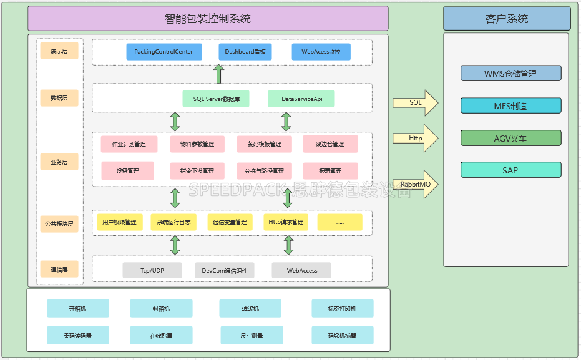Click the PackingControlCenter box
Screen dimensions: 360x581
[164, 52]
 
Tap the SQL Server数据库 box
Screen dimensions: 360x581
[216, 99]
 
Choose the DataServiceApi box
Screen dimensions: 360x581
[301, 99]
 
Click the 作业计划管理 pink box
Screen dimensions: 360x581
[129, 144]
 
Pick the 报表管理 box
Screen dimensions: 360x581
[330, 171]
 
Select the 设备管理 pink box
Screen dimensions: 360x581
[127, 171]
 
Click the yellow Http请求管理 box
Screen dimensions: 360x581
[285, 222]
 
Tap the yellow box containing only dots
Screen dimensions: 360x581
[339, 222]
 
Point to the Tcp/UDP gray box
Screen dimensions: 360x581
[152, 270]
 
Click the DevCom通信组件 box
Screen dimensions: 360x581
[225, 270]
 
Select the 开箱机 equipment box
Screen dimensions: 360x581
[78, 308]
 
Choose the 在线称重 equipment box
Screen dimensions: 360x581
[161, 335]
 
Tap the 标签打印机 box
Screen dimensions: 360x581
[342, 308]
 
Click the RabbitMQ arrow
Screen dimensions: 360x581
[415, 185]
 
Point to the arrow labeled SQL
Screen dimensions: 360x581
[415, 103]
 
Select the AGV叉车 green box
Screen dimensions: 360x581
[510, 138]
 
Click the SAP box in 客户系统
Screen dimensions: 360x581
[510, 170]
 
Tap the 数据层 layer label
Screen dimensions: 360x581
[59, 98]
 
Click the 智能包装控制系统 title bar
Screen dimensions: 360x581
[208, 19]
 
